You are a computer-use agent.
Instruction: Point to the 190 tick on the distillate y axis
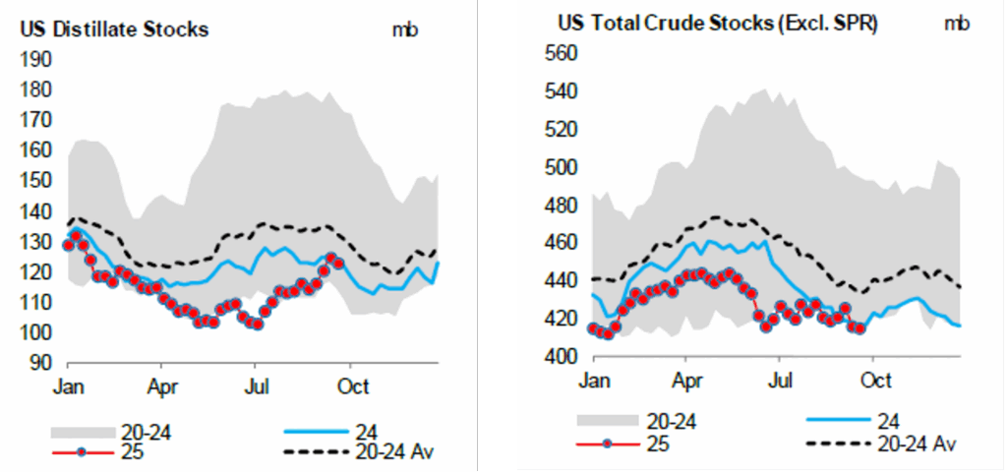(37, 59)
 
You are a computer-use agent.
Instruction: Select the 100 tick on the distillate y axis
(37, 333)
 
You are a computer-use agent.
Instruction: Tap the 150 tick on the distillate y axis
(37, 181)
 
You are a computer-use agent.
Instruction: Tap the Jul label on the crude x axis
(781, 379)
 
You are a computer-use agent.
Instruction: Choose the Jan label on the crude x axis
(593, 379)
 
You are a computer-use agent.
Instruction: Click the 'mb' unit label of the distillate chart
(404, 30)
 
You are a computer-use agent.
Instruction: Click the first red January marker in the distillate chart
(68, 245)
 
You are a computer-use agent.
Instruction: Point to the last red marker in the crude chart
(860, 327)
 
